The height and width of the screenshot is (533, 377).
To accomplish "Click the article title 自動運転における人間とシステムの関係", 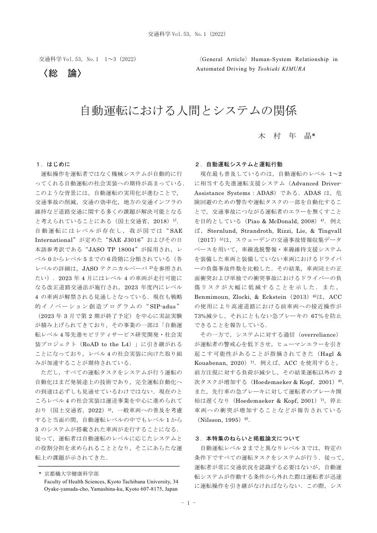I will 188,110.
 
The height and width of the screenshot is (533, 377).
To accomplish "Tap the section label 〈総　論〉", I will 62,73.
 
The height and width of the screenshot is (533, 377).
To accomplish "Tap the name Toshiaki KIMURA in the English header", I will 288,69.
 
